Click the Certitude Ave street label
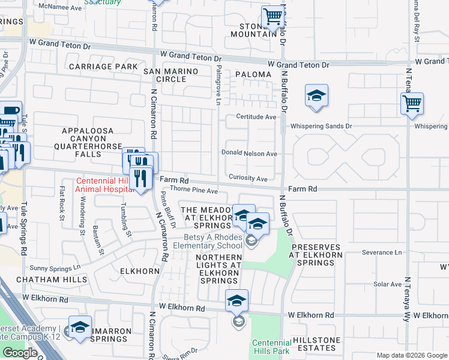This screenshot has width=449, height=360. [x=256, y=116]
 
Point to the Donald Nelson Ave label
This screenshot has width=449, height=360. [x=249, y=154]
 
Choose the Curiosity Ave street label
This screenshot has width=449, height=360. [x=248, y=179]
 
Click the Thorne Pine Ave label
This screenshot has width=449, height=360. [x=194, y=191]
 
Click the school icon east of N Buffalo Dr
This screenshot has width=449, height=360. [x=316, y=95]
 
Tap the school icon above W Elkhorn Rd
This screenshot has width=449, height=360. [x=237, y=300]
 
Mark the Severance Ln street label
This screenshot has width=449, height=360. [x=382, y=253]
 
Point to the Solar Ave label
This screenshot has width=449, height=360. [x=387, y=284]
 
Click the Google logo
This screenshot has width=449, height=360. [x=20, y=353]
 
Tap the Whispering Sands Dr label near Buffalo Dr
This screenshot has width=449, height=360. [x=321, y=127]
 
